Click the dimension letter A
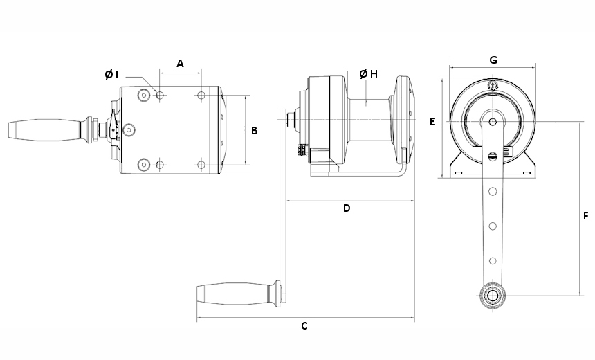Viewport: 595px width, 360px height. tap(181, 64)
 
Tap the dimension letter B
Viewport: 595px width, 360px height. tap(254, 131)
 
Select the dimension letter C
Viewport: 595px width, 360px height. tap(304, 326)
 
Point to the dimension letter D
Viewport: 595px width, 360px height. tap(347, 208)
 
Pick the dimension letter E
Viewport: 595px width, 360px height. tap(432, 122)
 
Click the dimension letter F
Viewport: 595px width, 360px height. tap(585, 216)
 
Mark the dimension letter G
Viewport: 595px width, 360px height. tap(493, 60)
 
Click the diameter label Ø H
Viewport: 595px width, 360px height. tap(369, 73)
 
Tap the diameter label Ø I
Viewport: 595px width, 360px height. tap(111, 75)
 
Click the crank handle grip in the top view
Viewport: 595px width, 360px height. tap(45, 130)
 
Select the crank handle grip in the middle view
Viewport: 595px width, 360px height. tap(232, 294)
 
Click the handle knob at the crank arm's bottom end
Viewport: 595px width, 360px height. tap(493, 295)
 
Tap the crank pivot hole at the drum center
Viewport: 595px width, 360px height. tap(493, 122)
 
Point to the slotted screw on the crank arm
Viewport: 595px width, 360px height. tap(492, 156)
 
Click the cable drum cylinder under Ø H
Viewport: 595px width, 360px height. tap(369, 120)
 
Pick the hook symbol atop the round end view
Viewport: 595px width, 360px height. tap(493, 85)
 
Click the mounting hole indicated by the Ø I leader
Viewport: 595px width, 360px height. tap(160, 95)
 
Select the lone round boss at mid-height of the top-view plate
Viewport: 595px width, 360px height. tap(129, 130)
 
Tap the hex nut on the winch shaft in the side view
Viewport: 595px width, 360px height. tap(291, 120)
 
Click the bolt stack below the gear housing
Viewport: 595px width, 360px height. tap(303, 150)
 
